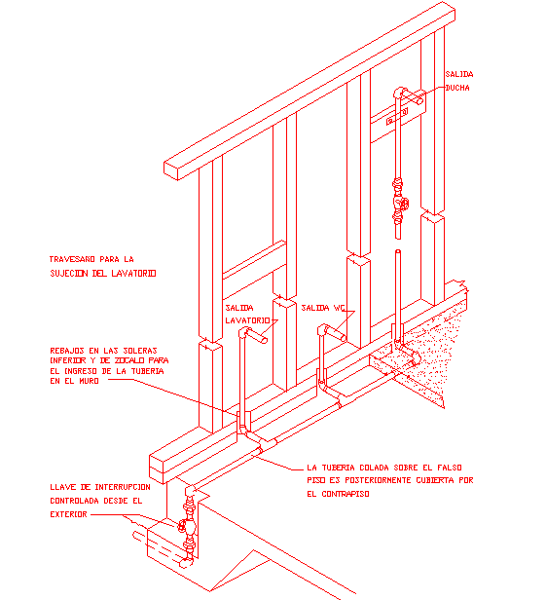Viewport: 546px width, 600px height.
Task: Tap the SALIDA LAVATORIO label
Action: point(244,314)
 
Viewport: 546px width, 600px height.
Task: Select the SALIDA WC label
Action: point(323,308)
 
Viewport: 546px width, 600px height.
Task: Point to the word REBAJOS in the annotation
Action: point(68,350)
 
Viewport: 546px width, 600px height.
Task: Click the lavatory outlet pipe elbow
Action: point(246,334)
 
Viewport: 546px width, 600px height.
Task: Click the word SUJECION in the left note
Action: point(73,274)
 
